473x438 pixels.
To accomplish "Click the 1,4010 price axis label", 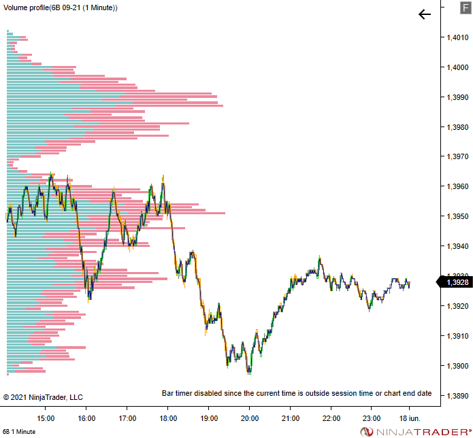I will point(457,37).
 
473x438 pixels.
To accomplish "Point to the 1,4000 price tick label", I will point(457,67).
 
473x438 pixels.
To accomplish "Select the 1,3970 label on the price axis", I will point(457,156).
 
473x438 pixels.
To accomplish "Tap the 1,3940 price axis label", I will point(457,246).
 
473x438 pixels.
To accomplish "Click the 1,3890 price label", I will point(457,395).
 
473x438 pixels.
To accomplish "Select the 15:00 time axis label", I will point(46,418).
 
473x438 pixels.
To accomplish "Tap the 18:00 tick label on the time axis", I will point(168,418).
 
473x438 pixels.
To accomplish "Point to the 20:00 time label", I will point(250,418).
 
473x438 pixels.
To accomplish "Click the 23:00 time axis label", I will point(372,418).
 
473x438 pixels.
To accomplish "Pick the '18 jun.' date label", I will point(410,418).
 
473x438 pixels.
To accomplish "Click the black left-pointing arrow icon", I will point(425,14).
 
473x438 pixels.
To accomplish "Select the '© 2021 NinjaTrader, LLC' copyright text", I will point(43,397).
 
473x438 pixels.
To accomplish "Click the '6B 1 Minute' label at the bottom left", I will point(19,432).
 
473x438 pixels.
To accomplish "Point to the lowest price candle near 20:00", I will point(249,372).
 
